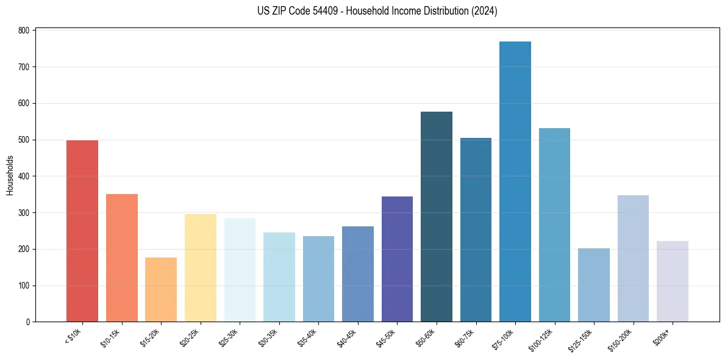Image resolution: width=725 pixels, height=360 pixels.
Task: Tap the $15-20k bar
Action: (x=161, y=290)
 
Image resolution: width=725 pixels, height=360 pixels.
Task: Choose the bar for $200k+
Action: (x=673, y=281)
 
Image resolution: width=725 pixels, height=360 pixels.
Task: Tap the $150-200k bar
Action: (x=633, y=259)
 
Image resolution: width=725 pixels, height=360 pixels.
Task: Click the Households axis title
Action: (x=10, y=176)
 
